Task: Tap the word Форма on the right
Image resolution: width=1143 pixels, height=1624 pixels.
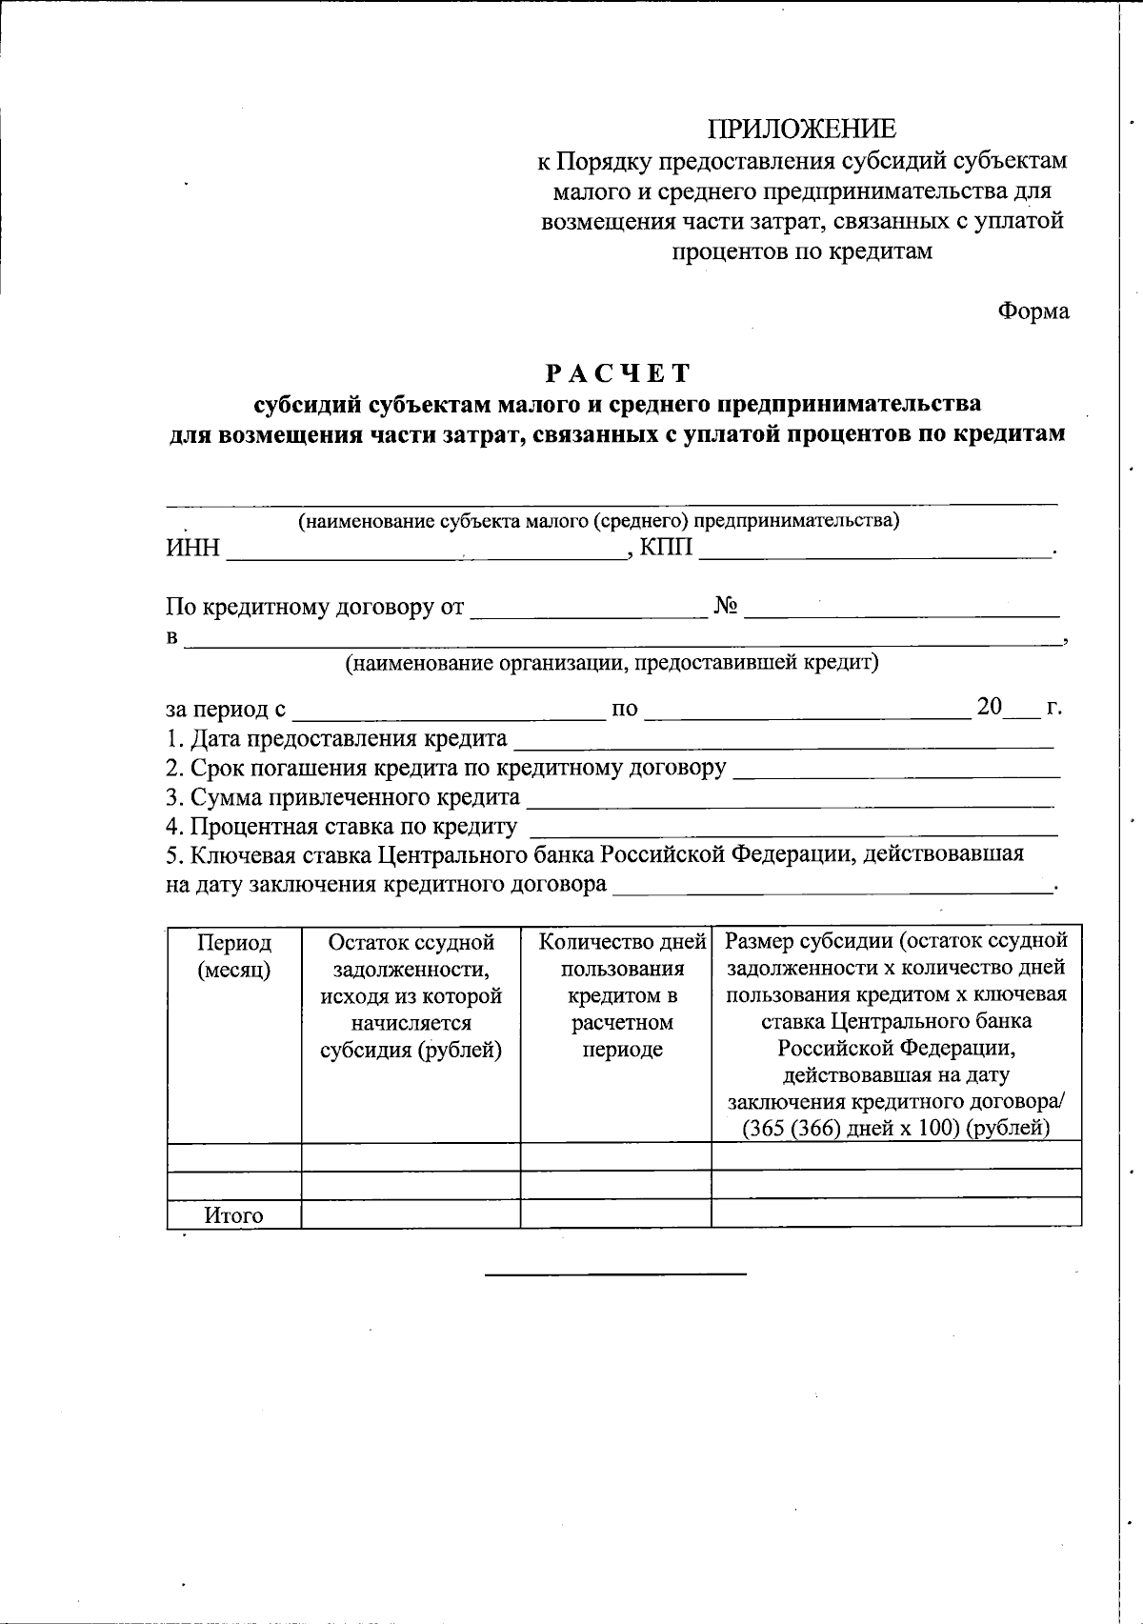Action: click(x=1033, y=311)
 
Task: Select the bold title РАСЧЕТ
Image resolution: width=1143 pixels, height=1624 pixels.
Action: click(x=617, y=372)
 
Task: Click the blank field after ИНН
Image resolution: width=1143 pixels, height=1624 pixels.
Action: click(x=425, y=549)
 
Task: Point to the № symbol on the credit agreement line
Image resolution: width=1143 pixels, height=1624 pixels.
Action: click(x=726, y=607)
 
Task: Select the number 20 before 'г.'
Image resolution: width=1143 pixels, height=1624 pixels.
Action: click(x=990, y=708)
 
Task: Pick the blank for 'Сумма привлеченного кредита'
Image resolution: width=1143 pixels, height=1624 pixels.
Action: click(x=791, y=798)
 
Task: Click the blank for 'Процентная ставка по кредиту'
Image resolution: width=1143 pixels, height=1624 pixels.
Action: click(x=792, y=828)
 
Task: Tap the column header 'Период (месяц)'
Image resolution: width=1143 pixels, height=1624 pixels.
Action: click(x=234, y=955)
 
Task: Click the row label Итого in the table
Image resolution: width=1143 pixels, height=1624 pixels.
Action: click(x=233, y=1215)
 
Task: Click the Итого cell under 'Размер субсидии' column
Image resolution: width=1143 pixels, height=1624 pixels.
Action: click(x=895, y=1213)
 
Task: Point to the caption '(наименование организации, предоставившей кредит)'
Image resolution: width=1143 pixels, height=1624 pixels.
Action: click(x=612, y=662)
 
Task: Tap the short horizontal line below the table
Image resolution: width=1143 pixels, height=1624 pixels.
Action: click(x=615, y=1273)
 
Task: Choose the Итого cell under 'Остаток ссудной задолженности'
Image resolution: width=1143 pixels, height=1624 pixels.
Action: click(x=411, y=1213)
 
